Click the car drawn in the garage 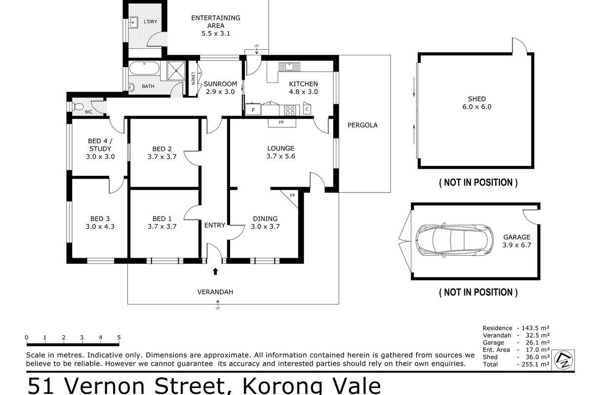(455, 240)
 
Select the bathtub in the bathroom (145, 68)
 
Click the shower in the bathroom (176, 71)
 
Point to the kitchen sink (289, 67)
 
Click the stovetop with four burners (290, 110)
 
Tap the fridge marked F (253, 110)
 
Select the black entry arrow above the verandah (215, 272)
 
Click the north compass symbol (563, 360)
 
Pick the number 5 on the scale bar (119, 337)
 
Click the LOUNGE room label (281, 148)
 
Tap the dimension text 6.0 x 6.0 (477, 107)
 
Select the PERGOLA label (362, 125)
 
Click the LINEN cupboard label (193, 79)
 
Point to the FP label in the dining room (292, 196)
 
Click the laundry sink (133, 23)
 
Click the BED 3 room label (100, 219)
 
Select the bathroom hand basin (132, 87)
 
